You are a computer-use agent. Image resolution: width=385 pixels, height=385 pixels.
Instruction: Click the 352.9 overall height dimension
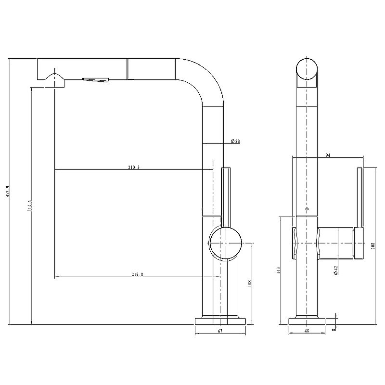7,192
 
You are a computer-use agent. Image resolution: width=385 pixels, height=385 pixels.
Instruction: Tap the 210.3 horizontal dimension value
134,167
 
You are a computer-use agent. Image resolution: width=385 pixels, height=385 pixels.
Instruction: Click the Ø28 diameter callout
235,141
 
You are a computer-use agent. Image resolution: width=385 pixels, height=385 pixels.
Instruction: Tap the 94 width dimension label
328,155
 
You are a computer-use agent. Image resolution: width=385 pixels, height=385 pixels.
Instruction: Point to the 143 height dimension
279,271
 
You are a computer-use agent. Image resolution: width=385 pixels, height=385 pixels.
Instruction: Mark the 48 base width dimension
307,331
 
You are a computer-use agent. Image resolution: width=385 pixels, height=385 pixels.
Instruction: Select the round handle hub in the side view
225,244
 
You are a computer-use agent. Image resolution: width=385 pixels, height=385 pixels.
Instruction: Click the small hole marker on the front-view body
307,210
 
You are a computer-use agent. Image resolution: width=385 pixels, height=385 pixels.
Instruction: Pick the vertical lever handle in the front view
359,197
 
